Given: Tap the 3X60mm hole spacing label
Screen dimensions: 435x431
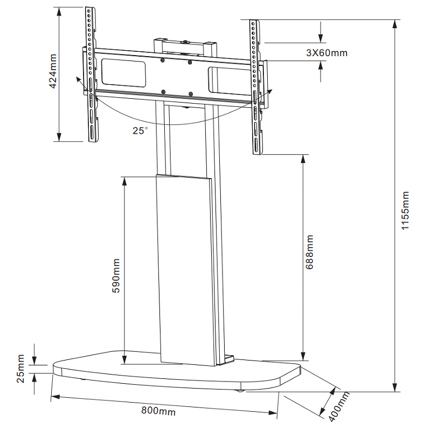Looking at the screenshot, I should [x=326, y=53].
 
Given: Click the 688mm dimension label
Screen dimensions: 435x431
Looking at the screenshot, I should [x=310, y=252].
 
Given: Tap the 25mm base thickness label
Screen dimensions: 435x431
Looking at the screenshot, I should [x=20, y=369].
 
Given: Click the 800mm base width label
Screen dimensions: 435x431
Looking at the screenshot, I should [x=158, y=411].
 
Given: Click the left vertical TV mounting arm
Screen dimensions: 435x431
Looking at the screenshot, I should [x=91, y=76].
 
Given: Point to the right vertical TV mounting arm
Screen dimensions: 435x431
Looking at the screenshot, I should [x=256, y=86].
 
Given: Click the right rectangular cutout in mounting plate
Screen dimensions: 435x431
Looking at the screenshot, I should [x=229, y=78].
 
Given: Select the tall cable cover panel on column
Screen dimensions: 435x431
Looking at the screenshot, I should [x=185, y=269].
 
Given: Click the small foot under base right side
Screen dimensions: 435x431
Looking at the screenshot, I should [x=241, y=389].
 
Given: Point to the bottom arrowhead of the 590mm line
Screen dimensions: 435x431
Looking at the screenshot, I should [x=124, y=360].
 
